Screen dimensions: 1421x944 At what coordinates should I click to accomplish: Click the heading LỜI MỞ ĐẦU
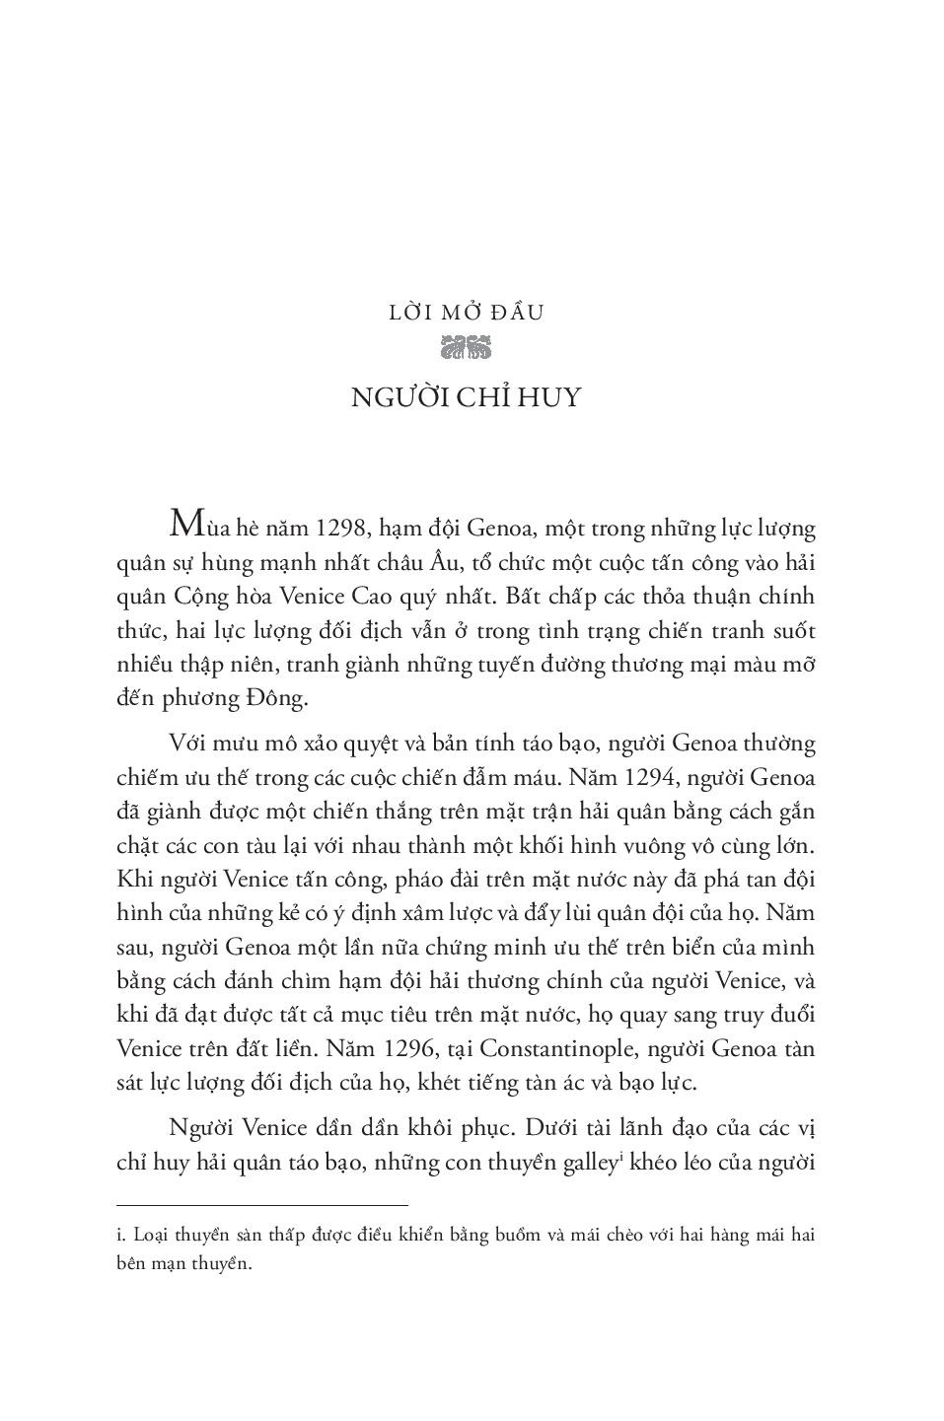click(467, 314)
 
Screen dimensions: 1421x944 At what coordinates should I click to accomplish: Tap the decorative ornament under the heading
click(467, 347)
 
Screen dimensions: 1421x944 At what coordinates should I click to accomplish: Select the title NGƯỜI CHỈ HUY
click(467, 397)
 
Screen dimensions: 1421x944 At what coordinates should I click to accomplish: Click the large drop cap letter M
click(187, 524)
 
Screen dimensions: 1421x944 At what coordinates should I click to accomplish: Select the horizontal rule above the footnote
click(261, 1205)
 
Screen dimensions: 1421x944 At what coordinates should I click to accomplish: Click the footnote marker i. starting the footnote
click(121, 1235)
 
